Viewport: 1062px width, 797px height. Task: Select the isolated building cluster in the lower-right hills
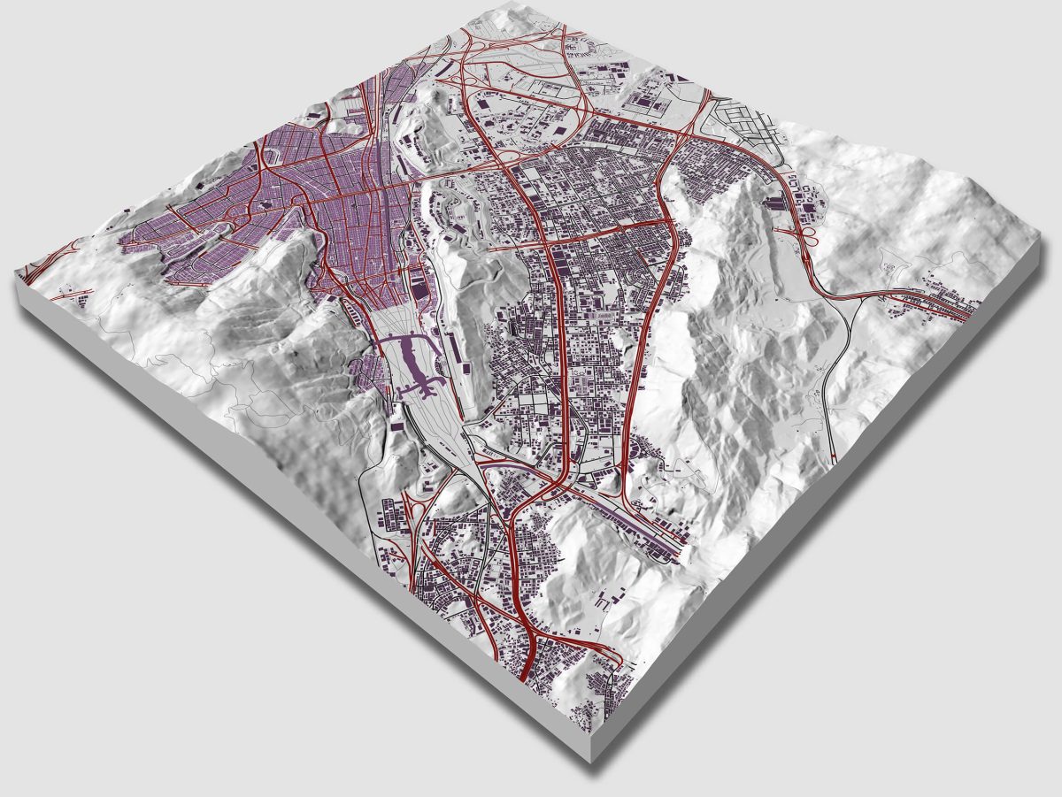611,602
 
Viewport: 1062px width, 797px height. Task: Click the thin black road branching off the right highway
832,372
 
